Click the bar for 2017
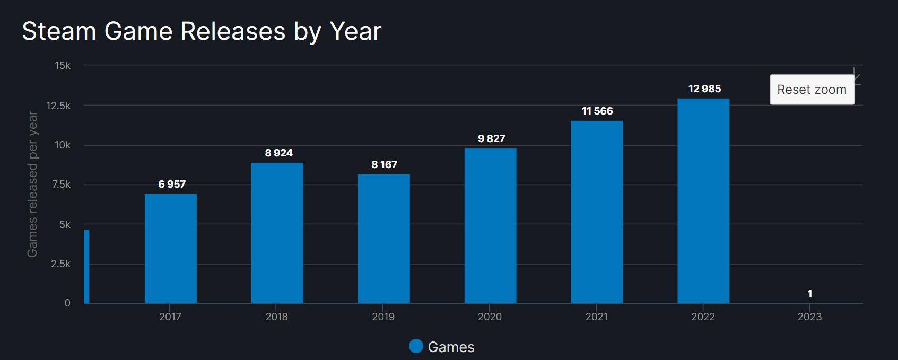coord(170,249)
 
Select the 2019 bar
coord(383,239)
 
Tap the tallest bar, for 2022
coord(703,201)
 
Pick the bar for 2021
coord(597,212)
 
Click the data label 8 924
coord(278,153)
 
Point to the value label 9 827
coord(491,139)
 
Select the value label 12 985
coord(704,89)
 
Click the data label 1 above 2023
coord(809,294)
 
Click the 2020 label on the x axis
coord(490,317)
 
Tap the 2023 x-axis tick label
coord(809,317)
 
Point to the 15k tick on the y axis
coord(62,66)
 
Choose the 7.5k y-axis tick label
coord(61,185)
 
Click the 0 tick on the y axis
coord(67,303)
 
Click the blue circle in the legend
coord(416,346)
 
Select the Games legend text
coord(451,347)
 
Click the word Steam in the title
coord(58,31)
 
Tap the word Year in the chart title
coord(355,31)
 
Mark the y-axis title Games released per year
coord(32,184)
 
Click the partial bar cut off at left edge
coord(86,266)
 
